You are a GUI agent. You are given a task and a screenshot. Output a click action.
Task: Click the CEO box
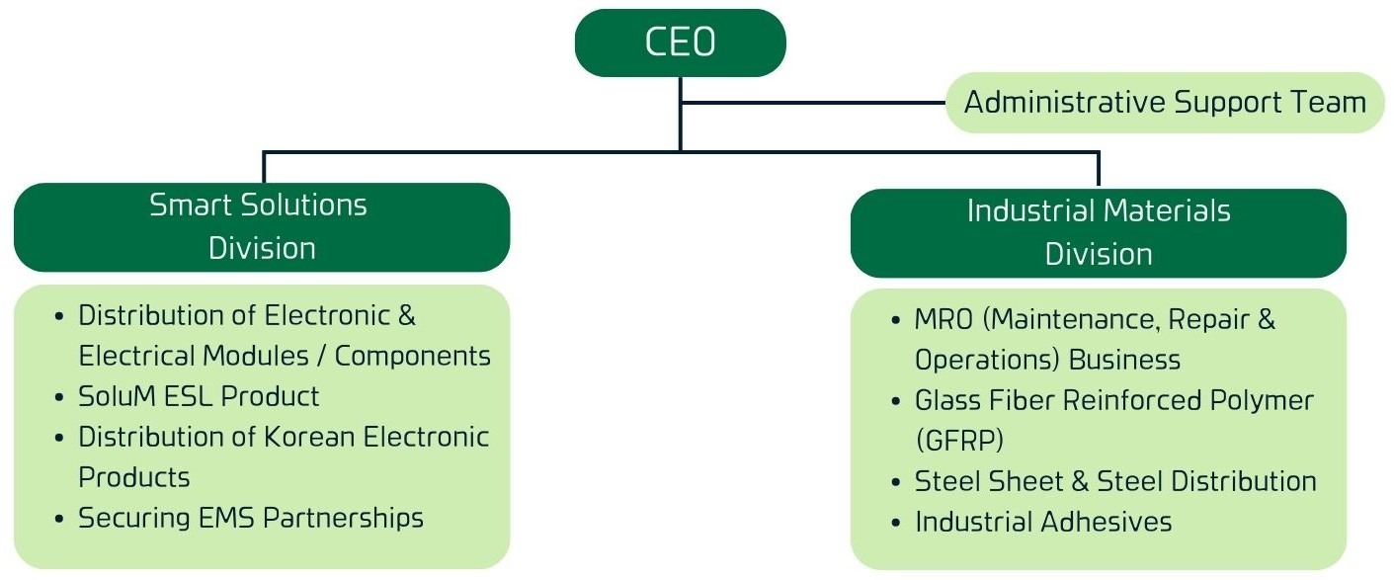pyautogui.click(x=680, y=43)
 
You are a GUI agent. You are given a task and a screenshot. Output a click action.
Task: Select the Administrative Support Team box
pyautogui.click(x=1165, y=102)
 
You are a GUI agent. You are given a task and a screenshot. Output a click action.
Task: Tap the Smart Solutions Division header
pyautogui.click(x=261, y=226)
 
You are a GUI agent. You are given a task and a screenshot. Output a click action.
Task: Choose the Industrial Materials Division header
pyautogui.click(x=1098, y=232)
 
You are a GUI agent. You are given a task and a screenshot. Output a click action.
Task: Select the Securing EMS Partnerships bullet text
pyautogui.click(x=251, y=518)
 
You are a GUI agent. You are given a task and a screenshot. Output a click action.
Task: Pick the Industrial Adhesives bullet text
pyautogui.click(x=1043, y=522)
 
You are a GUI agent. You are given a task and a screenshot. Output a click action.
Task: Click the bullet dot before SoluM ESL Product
pyautogui.click(x=60, y=398)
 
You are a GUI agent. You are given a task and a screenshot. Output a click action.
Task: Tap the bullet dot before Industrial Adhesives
pyautogui.click(x=896, y=523)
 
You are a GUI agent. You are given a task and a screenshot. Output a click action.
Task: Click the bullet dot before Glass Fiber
pyautogui.click(x=896, y=402)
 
